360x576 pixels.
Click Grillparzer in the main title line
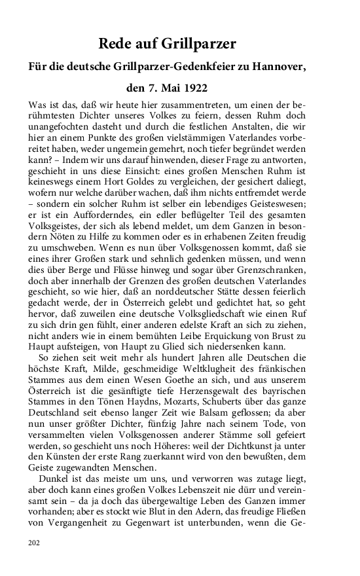click(200, 45)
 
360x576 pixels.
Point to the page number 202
click(35, 543)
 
